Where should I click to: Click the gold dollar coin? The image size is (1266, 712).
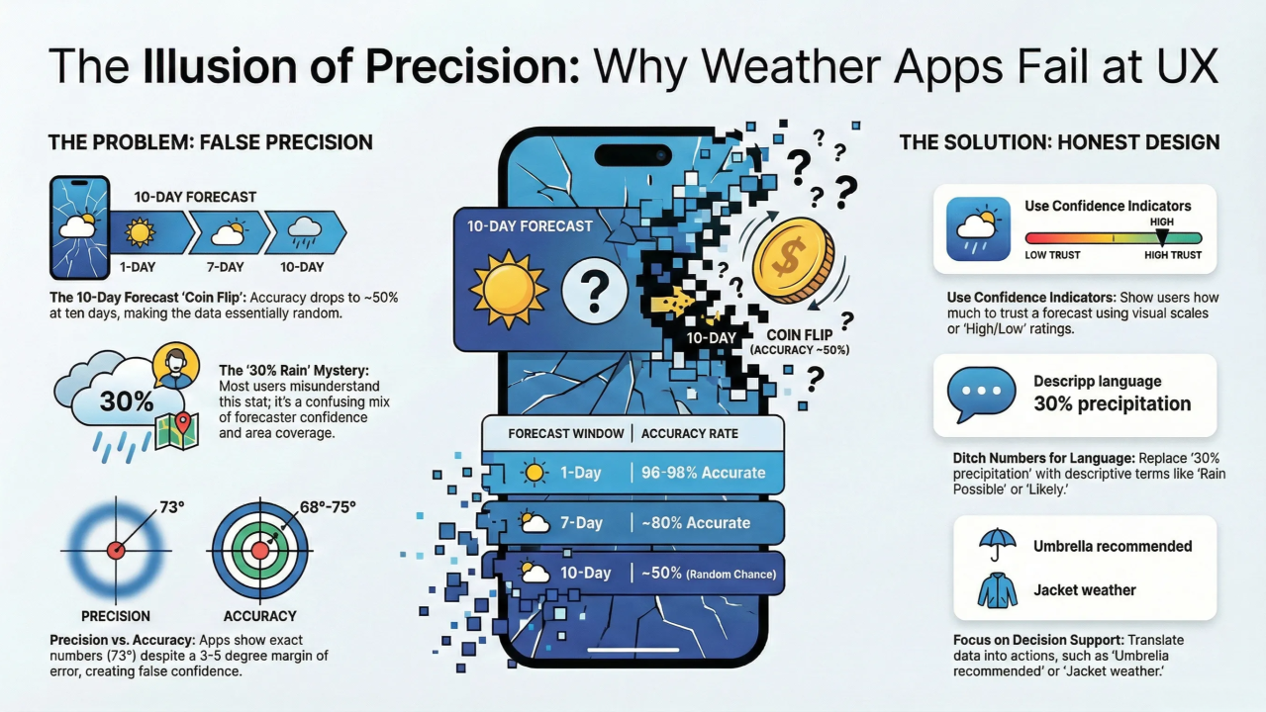tap(794, 260)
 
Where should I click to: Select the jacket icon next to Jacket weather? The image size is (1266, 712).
tap(997, 590)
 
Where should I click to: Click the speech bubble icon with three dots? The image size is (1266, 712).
tap(981, 395)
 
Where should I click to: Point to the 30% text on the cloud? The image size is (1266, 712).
tap(127, 401)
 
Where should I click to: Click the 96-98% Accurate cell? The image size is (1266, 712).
tap(703, 473)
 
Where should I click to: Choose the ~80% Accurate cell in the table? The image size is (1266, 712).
tap(696, 523)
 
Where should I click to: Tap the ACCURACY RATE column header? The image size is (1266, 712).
tap(690, 434)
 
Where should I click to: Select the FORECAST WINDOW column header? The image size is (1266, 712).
tap(566, 434)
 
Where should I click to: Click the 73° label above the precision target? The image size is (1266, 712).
tap(172, 507)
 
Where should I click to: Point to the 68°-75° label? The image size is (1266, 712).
tap(328, 507)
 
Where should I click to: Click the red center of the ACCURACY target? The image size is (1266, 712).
tap(260, 551)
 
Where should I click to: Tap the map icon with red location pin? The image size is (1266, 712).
tap(177, 430)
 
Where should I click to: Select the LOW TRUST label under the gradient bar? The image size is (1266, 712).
tap(1052, 255)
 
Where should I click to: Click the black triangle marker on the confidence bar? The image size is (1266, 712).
tap(1162, 237)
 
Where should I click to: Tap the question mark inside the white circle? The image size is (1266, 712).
tap(594, 291)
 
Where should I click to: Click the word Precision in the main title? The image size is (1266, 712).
tap(472, 66)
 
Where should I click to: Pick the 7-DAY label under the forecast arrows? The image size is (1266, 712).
tap(225, 267)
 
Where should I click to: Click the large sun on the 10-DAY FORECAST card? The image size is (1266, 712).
tap(509, 290)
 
